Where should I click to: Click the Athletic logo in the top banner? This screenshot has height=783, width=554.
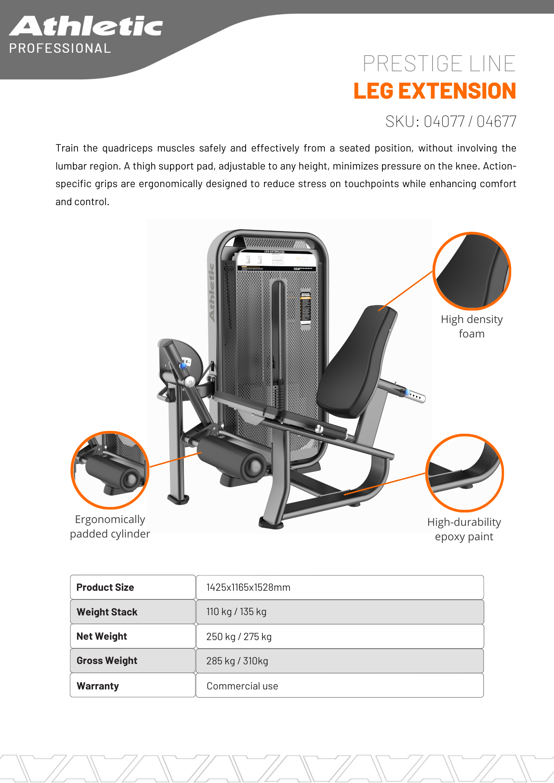tap(86, 26)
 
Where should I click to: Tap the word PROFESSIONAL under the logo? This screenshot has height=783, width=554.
tap(60, 49)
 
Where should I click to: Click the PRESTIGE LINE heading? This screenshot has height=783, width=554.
tap(439, 63)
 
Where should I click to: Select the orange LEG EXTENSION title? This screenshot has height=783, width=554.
tap(435, 91)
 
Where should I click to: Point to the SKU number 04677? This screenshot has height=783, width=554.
tap(496, 121)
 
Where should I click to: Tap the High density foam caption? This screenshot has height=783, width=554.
tap(472, 327)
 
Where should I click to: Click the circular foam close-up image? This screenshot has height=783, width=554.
tap(472, 271)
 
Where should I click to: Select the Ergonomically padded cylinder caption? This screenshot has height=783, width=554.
tap(110, 527)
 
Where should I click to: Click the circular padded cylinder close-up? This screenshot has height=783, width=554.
tap(110, 470)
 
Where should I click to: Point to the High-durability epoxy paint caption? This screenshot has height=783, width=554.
tap(464, 529)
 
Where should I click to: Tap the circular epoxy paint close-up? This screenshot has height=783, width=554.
tap(465, 473)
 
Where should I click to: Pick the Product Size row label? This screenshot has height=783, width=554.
tap(105, 587)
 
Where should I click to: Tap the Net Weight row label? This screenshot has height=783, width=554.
tap(102, 636)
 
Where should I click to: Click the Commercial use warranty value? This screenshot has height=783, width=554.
tap(242, 686)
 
